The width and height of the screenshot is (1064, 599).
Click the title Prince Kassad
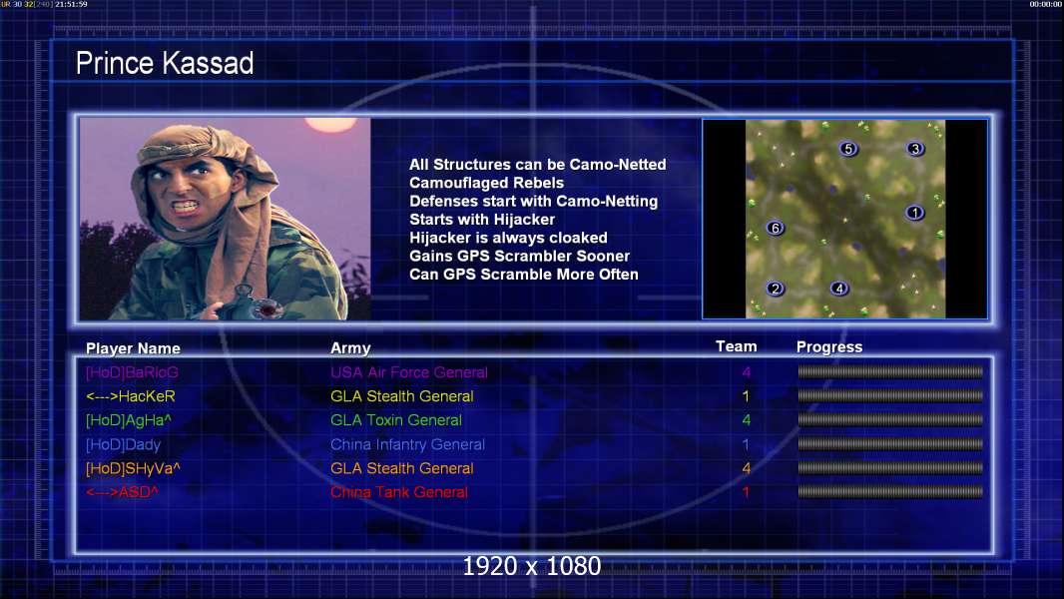(x=165, y=63)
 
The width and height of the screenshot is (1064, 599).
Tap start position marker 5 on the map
(x=848, y=149)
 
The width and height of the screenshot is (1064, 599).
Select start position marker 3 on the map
(x=915, y=149)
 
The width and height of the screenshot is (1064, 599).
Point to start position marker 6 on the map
(x=775, y=228)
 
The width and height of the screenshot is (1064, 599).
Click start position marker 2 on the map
(x=775, y=289)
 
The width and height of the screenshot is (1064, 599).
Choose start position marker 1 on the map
(x=914, y=213)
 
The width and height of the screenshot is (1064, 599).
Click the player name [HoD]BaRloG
(x=132, y=372)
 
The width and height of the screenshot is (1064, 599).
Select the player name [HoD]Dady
(x=123, y=445)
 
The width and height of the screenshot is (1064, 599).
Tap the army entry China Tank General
(x=399, y=492)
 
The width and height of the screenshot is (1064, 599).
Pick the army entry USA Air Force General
(x=408, y=372)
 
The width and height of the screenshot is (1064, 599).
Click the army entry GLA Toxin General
(x=396, y=420)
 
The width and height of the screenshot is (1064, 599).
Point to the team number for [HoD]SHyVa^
(x=746, y=468)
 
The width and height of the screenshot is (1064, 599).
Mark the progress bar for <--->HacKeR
(x=890, y=395)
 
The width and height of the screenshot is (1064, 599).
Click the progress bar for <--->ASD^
(x=890, y=492)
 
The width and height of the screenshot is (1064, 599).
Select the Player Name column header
(x=133, y=348)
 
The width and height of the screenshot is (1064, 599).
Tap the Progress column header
(x=829, y=347)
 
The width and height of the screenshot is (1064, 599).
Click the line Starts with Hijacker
(x=482, y=219)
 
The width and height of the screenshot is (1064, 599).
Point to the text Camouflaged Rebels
(x=486, y=183)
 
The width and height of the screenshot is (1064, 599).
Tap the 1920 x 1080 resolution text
(x=531, y=566)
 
